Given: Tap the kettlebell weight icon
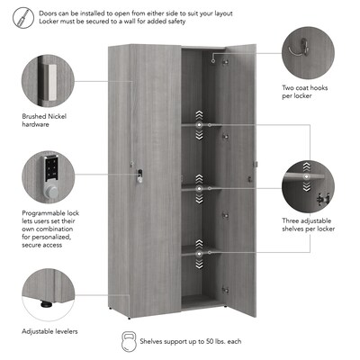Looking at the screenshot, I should [129, 343].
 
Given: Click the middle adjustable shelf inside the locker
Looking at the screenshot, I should [204, 188].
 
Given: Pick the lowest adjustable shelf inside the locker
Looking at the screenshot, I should [204, 252].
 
